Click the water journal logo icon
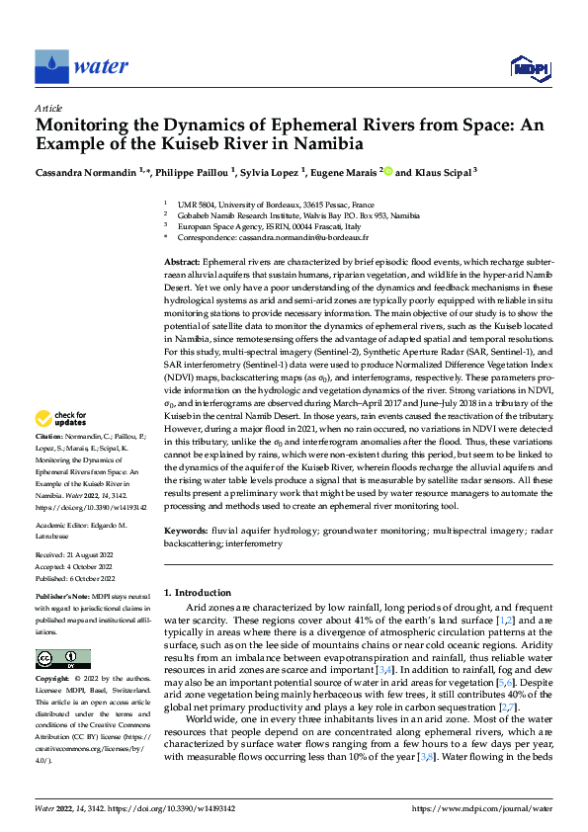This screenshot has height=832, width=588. pos(51,66)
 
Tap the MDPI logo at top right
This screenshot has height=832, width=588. pos(530,66)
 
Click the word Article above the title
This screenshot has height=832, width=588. pos(48,108)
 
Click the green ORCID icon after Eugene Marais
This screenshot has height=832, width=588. pos(386,171)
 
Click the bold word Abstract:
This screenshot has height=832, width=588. pos(181,258)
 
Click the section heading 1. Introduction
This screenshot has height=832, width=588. pos(197,593)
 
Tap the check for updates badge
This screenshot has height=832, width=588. pos(59,446)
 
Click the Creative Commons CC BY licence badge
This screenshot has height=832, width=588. pos(62,659)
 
